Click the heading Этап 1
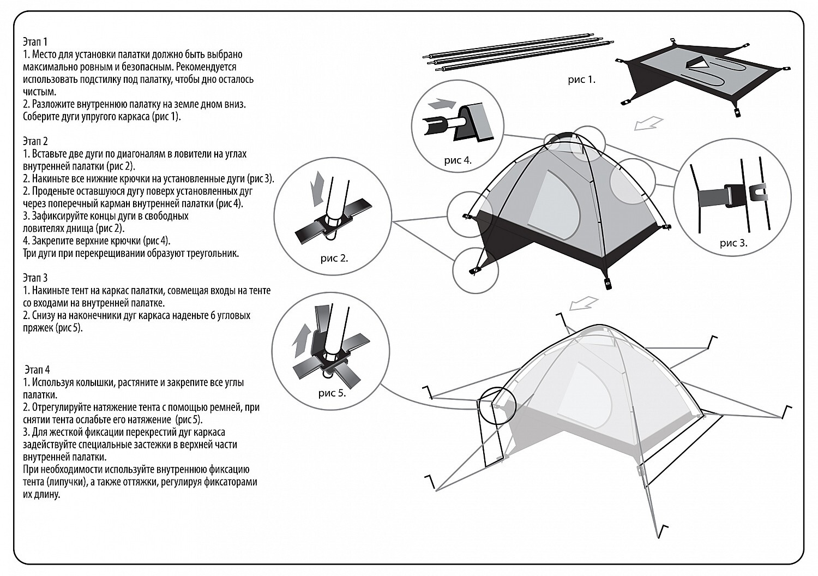(35, 41)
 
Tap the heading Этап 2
(35, 141)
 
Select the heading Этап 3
(35, 278)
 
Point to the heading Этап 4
(37, 370)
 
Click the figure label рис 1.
(582, 80)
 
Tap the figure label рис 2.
(334, 259)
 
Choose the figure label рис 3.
(733, 243)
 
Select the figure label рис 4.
(458, 160)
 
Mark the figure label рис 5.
(332, 393)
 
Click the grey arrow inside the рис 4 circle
(442, 104)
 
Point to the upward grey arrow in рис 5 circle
(301, 341)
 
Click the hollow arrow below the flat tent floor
(648, 123)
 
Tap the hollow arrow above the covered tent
(584, 303)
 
